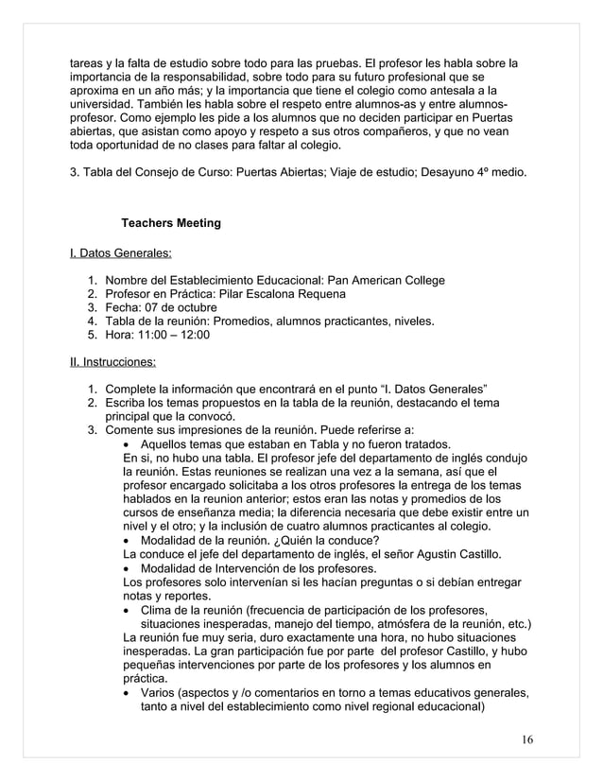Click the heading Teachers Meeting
(171, 223)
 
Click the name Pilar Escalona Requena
(284, 294)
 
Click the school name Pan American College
(384, 281)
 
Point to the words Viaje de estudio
(364, 174)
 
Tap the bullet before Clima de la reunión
(129, 610)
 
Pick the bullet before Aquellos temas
(129, 443)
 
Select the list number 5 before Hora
(92, 334)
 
